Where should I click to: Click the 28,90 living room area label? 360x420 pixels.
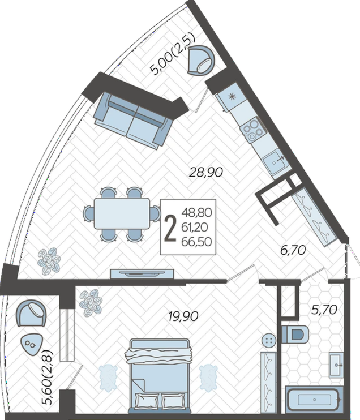[205, 172]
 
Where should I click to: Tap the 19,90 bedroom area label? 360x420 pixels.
[183, 316]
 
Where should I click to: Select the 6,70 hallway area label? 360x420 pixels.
[293, 250]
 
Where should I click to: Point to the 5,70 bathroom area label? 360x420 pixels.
[324, 310]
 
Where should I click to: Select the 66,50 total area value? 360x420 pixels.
[196, 242]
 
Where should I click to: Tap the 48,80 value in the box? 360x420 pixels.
[196, 213]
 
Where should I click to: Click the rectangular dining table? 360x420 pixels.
[122, 213]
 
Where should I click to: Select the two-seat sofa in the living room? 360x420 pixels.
[133, 120]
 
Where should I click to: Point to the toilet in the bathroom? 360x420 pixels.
[295, 334]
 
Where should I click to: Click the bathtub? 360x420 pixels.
[314, 400]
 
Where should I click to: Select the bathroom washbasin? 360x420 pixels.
[336, 365]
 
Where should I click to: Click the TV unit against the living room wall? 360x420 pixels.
[142, 274]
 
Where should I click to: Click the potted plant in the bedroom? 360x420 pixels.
[91, 302]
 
